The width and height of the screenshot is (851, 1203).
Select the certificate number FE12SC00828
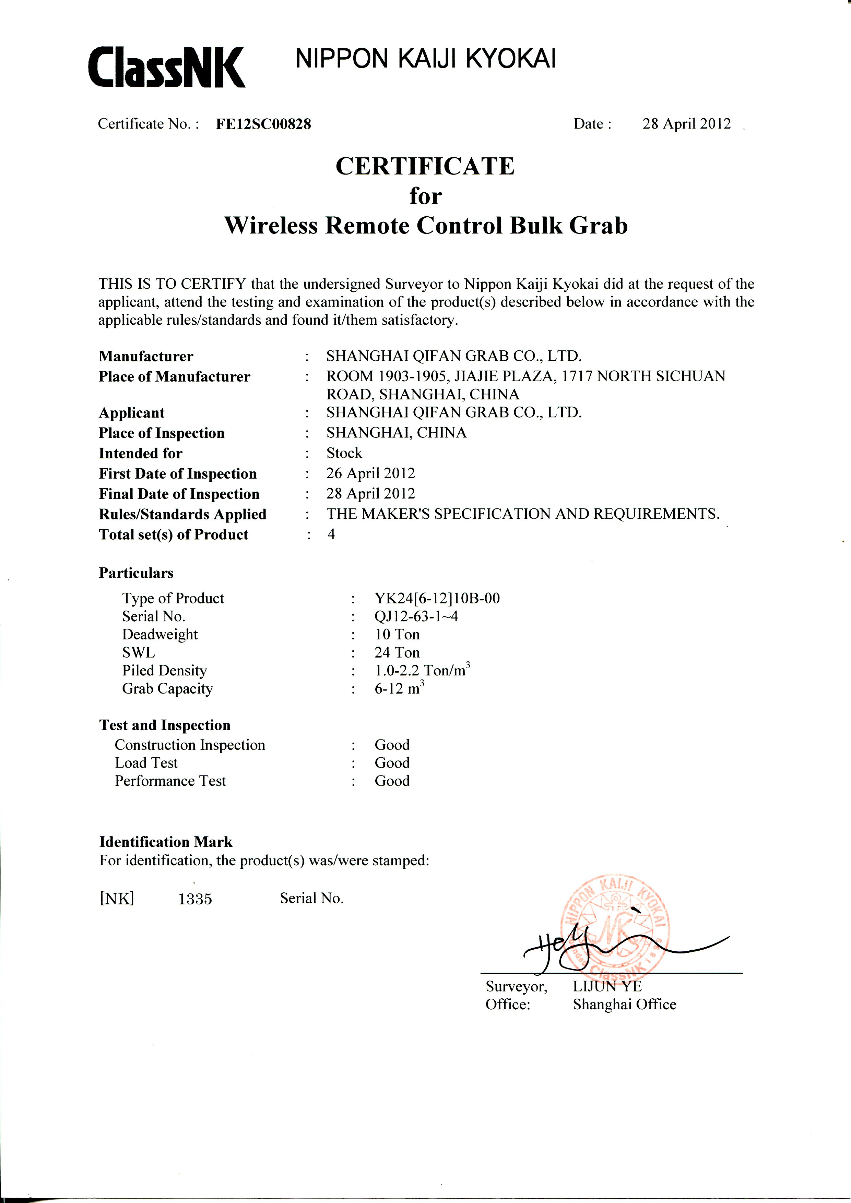coord(263,124)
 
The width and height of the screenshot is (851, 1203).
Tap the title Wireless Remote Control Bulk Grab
coord(425,225)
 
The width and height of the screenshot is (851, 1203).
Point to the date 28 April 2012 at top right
coord(686,124)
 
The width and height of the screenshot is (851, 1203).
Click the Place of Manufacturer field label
coord(174,377)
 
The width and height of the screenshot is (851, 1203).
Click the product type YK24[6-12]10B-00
coord(437,598)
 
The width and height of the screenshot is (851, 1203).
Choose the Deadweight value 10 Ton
coord(397,635)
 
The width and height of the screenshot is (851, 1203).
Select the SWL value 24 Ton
coord(397,652)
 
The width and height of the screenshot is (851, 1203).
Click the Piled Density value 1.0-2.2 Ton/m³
coord(422,670)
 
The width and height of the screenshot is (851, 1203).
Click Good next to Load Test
coord(392,763)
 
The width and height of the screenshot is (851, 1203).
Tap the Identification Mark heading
coord(166,842)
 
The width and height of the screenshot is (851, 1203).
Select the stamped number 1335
coord(195,899)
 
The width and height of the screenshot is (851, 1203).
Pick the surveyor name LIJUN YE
coord(607,987)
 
